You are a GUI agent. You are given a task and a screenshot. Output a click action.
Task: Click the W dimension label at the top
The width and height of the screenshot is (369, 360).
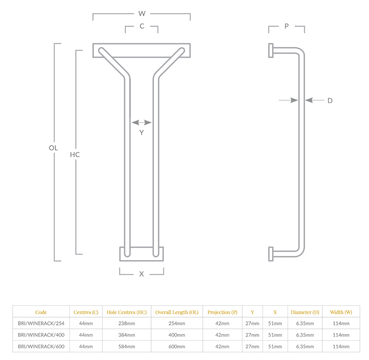tap(142, 14)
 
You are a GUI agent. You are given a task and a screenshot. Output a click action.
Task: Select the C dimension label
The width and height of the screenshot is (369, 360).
tap(142, 26)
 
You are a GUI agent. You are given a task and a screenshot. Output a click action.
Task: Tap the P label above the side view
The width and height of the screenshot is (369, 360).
tap(286, 26)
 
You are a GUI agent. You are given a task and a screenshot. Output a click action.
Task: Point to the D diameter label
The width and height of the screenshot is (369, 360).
tap(330, 101)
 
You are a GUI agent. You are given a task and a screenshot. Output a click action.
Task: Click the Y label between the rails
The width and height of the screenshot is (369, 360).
tap(141, 133)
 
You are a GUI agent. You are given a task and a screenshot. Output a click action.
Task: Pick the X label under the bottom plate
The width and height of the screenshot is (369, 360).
tap(141, 274)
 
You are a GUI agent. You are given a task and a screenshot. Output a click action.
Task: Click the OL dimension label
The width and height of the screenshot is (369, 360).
tap(53, 148)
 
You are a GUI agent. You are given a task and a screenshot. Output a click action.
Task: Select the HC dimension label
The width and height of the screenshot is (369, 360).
tap(75, 155)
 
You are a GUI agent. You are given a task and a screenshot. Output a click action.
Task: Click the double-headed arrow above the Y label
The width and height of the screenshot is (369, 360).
tap(141, 123)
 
